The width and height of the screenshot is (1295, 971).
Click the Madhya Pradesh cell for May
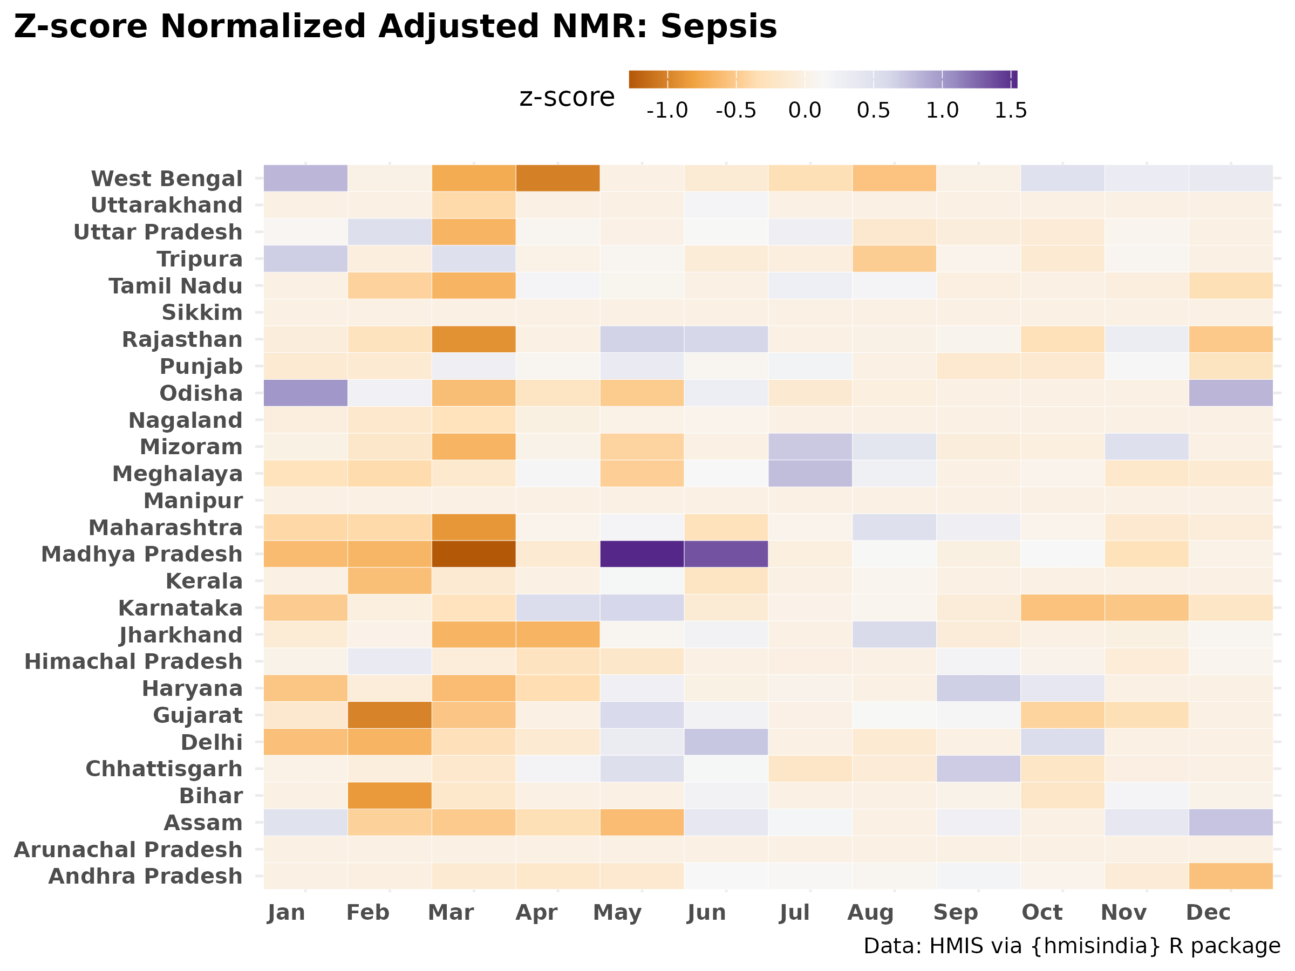pos(642,554)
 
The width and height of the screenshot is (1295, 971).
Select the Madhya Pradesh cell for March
pos(474,554)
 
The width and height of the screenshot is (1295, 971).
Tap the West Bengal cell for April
pos(558,178)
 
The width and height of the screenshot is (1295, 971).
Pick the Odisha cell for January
pos(305,393)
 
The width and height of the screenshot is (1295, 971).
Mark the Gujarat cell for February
pos(390,715)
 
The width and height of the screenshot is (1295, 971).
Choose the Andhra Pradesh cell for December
pos(1231,876)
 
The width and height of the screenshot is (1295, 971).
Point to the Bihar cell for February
pos(390,796)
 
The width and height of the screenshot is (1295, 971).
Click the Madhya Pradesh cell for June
pos(726,554)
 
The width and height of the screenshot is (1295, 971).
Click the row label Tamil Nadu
pos(175,286)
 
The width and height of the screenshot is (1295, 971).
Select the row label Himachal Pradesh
pos(133,662)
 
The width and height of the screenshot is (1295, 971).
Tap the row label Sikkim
pos(202,312)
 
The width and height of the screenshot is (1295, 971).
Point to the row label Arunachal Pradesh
pos(128,850)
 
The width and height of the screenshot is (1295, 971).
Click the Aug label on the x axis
pos(870,913)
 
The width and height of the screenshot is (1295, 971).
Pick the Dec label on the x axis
pos(1208,913)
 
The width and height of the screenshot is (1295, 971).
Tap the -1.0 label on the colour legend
pos(667,110)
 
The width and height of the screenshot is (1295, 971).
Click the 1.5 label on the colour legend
pos(1011,110)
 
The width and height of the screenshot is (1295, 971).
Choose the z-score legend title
pos(567,97)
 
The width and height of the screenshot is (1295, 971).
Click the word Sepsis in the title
pos(719,28)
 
